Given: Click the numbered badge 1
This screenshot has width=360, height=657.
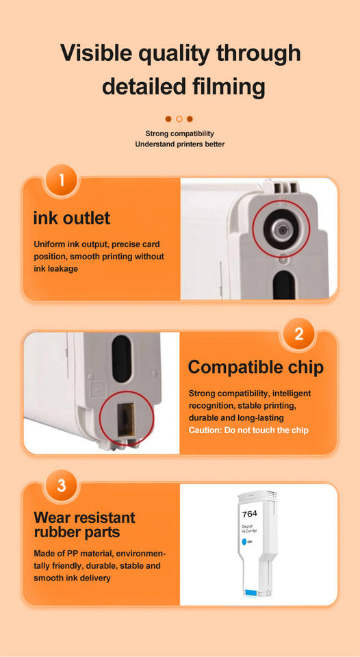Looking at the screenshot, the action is coord(62,181).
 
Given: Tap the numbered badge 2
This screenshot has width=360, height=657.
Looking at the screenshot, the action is coord(298,335).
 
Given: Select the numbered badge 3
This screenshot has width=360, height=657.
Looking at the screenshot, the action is coord(62,486).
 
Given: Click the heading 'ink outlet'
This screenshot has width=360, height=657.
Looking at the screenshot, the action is coord(72,218).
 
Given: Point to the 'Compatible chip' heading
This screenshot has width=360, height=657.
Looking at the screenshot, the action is coord(256,367).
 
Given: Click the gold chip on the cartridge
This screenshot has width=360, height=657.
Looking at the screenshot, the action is coord(126,419).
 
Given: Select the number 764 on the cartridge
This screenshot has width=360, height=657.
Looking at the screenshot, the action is coord(250,514).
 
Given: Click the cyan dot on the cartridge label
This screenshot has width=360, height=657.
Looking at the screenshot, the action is coord(244,542).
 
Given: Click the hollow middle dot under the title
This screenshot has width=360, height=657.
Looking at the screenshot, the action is coord(179,119).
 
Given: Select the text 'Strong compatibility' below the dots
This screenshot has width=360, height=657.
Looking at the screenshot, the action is coord(180,133).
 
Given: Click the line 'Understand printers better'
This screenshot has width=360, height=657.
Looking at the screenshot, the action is coord(180,144).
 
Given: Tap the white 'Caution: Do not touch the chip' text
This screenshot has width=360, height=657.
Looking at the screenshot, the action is coord(248,430).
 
